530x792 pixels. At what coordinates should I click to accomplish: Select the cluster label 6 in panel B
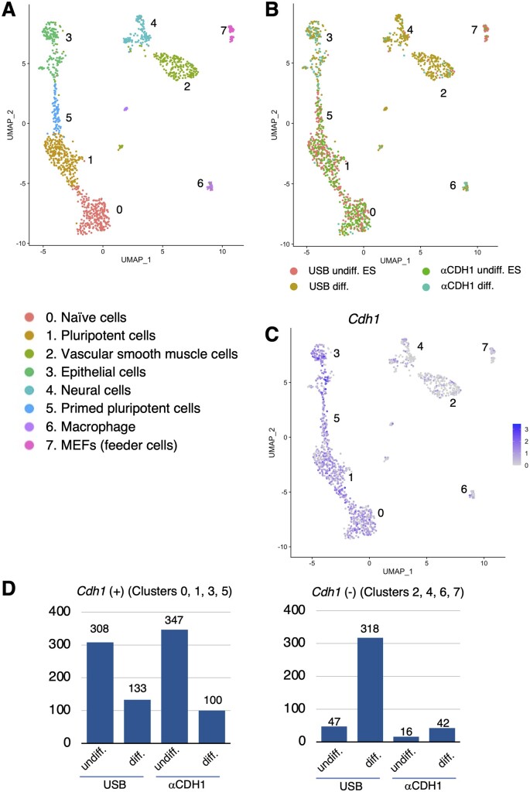point(453,185)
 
